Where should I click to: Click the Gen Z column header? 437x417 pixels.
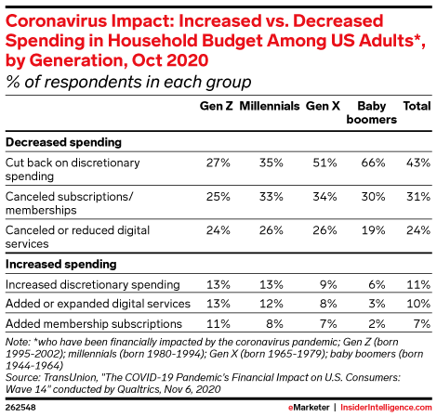pos(216,106)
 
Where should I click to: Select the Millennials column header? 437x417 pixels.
pos(270,106)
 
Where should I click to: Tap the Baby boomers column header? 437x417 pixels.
pos(372,112)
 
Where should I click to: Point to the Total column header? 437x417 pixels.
pos(417,106)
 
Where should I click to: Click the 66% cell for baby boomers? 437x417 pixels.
pos(373,163)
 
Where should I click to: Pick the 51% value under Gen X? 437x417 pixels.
pos(324,163)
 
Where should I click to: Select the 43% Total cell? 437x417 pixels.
pos(418,163)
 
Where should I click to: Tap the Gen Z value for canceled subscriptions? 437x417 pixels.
pos(218,197)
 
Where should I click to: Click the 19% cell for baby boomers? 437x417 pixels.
pos(373,230)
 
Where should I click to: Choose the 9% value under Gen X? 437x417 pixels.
pos(328,285)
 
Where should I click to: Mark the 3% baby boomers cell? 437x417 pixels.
pos(377,304)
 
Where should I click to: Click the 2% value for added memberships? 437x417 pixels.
pos(377,324)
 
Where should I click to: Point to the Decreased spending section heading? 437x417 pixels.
pos(63,142)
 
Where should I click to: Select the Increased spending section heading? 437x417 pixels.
pos(61,265)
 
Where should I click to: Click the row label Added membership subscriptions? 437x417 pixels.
pos(94,324)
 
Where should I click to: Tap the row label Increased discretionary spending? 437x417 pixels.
pos(93,285)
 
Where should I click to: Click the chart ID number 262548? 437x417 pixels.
pos(20,408)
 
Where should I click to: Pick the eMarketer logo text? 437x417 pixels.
pos(309,408)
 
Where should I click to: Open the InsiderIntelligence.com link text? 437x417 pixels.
pos(386,408)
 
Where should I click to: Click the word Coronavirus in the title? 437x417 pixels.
pos(56,21)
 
